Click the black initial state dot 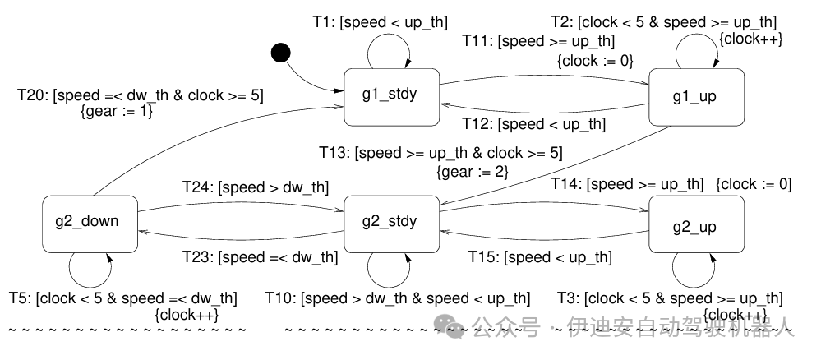(x=281, y=53)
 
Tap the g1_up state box (x=696, y=97)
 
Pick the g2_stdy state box (x=390, y=221)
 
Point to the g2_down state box (x=90, y=221)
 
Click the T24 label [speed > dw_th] (x=255, y=187)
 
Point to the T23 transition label (x=260, y=257)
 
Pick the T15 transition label (x=540, y=257)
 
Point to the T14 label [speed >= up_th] (x=627, y=184)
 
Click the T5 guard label (x=123, y=298)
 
